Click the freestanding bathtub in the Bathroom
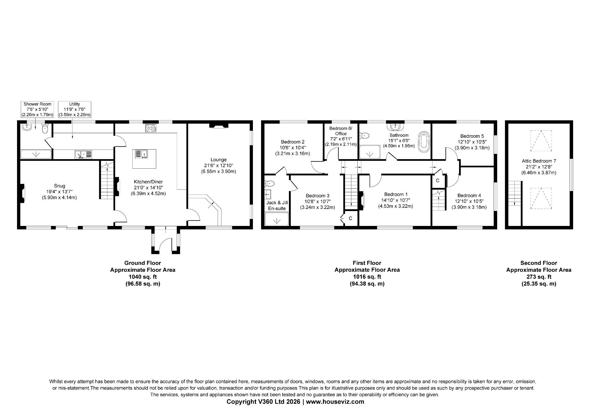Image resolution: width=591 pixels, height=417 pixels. pos(424,142)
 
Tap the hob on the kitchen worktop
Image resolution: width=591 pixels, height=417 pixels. pos(150,128)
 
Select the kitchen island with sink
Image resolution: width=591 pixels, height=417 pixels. pos(144,159)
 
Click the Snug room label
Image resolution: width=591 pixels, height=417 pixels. pos(59,186)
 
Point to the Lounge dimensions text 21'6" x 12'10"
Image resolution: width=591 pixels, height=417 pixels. pos(219,165)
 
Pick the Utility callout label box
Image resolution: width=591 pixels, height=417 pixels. pos(74,109)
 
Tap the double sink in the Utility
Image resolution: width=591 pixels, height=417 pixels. pos(83,154)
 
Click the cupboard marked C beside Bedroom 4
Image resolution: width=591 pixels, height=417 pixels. pos(437,181)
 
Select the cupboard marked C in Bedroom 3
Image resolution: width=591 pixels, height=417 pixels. pos(350,218)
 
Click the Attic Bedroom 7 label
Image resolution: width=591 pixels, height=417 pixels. pos(539,161)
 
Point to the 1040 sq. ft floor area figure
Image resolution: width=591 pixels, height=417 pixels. pos(143,277)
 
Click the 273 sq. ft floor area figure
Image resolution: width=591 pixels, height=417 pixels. pos(539,277)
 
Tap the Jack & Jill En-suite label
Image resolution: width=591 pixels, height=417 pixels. pos(277,205)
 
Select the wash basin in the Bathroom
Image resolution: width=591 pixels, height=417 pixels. pos(395,127)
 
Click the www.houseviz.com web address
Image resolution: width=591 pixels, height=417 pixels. pos(335,402)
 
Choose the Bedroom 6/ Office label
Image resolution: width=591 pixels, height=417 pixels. pos(341,131)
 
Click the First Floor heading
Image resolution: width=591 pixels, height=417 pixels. pos(367,263)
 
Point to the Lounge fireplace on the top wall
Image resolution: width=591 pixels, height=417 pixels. pos(219,125)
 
